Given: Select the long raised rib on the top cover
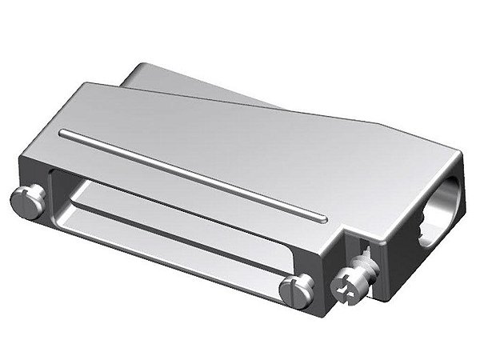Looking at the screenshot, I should coord(192,171).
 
